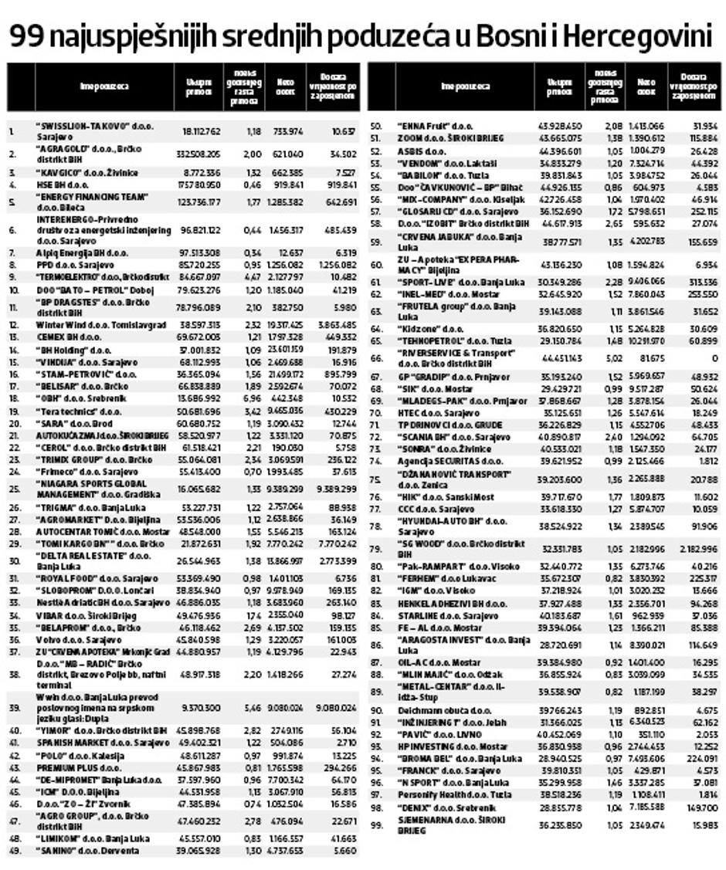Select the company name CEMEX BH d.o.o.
[x=69, y=337]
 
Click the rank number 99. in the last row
[x=378, y=825]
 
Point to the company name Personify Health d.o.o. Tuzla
[x=455, y=793]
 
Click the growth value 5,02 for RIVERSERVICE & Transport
[x=614, y=357]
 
